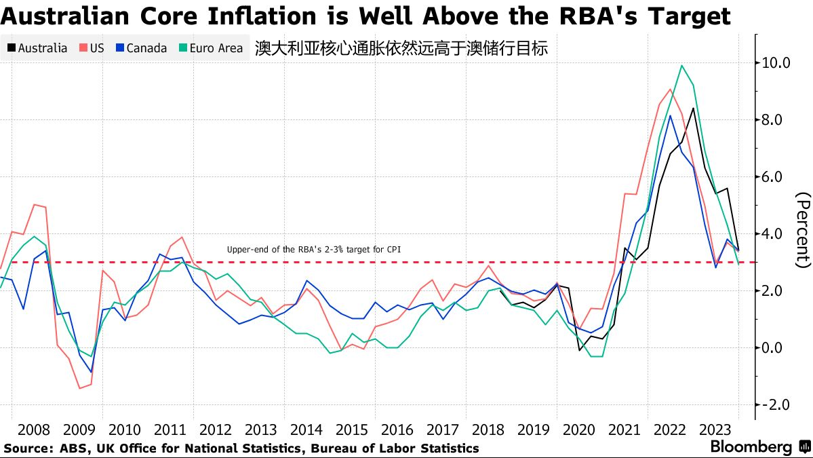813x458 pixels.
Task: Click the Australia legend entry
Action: pyautogui.click(x=37, y=48)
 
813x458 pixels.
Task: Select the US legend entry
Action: pyautogui.click(x=92, y=48)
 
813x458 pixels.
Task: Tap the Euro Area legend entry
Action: pyautogui.click(x=210, y=48)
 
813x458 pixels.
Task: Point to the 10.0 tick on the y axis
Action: pyautogui.click(x=776, y=63)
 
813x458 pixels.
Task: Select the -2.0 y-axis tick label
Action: pyautogui.click(x=776, y=405)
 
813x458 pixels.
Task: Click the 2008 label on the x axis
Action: pyautogui.click(x=34, y=430)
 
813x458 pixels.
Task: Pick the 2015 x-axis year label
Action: pyautogui.click(x=352, y=430)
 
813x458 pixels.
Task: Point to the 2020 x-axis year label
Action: pyautogui.click(x=579, y=430)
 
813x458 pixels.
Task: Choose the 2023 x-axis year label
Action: pyautogui.click(x=715, y=430)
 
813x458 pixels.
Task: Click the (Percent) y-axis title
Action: pyautogui.click(x=803, y=229)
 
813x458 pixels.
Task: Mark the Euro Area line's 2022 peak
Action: pyautogui.click(x=681, y=66)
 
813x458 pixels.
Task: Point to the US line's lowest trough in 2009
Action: pyautogui.click(x=79, y=388)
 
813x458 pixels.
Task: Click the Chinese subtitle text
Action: pyautogui.click(x=401, y=48)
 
